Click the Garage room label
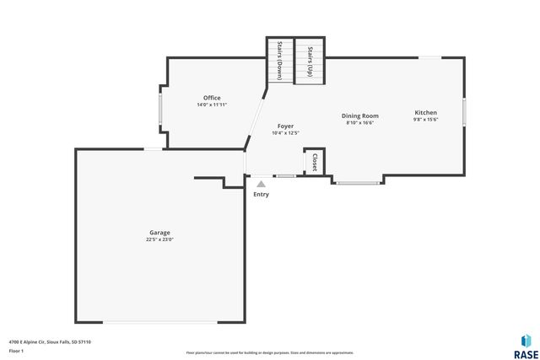click(x=159, y=232)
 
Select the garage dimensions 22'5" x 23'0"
click(x=159, y=240)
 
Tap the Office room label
click(x=212, y=98)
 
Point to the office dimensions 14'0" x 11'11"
click(x=212, y=105)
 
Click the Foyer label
click(x=285, y=126)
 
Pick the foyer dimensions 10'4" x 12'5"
click(x=285, y=133)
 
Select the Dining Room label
click(x=359, y=116)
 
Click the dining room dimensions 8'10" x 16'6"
click(x=359, y=123)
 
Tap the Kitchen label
click(x=425, y=112)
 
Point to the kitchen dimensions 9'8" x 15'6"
click(x=425, y=120)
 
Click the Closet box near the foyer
click(x=315, y=162)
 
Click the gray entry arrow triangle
click(x=262, y=183)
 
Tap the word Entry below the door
click(x=262, y=195)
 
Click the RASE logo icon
click(x=526, y=340)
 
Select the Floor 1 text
click(x=17, y=350)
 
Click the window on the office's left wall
click(x=161, y=109)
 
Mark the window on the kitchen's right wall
click(x=464, y=112)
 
